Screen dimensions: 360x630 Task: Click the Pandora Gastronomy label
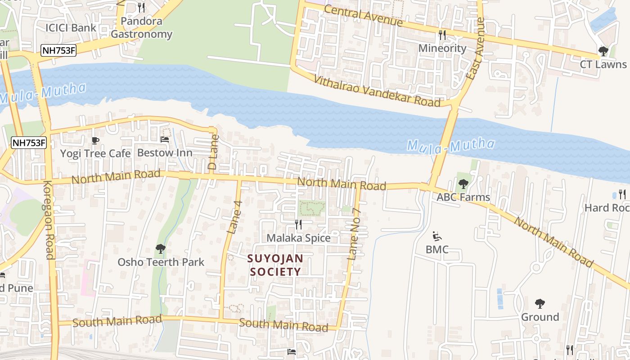pyautogui.click(x=141, y=27)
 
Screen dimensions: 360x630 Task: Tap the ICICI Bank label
pyautogui.click(x=71, y=27)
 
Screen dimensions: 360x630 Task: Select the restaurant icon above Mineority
pyautogui.click(x=442, y=35)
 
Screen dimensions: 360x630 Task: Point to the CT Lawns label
pyautogui.click(x=603, y=64)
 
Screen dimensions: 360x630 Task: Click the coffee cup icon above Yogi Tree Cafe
pyautogui.click(x=95, y=141)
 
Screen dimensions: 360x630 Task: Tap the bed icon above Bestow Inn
pyautogui.click(x=165, y=140)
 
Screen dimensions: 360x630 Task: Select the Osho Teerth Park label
pyautogui.click(x=161, y=262)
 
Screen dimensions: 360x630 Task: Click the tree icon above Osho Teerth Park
pyautogui.click(x=161, y=249)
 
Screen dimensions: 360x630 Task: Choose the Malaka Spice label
pyautogui.click(x=298, y=238)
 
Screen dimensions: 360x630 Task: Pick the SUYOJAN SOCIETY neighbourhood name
pyautogui.click(x=275, y=265)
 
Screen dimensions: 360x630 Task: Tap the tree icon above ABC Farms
pyautogui.click(x=463, y=184)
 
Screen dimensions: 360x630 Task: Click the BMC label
pyautogui.click(x=437, y=249)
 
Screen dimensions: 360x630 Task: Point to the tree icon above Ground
pyautogui.click(x=540, y=304)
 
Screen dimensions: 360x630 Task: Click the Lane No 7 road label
pyautogui.click(x=355, y=234)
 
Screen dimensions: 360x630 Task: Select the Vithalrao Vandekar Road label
pyautogui.click(x=377, y=90)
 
